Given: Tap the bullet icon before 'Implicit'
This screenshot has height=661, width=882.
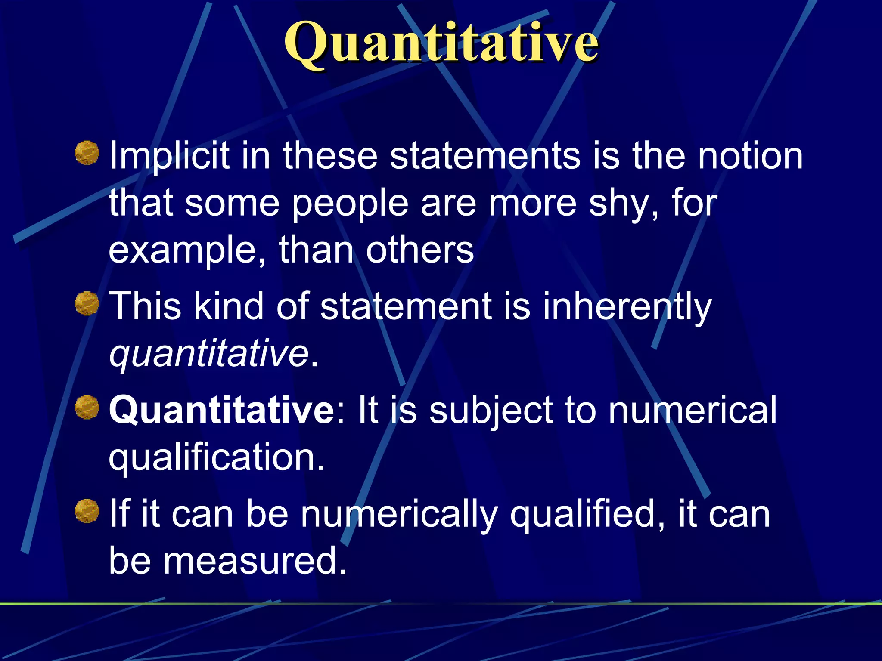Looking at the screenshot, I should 87,153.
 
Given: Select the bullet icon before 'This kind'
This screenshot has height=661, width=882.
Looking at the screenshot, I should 87,303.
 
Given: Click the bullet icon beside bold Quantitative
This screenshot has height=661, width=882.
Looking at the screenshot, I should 87,407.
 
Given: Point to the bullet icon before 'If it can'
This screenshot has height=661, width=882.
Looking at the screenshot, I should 87,511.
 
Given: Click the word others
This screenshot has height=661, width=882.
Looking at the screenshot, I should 420,250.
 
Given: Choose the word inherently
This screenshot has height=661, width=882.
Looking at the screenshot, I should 627,306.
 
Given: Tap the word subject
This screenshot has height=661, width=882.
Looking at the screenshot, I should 491,410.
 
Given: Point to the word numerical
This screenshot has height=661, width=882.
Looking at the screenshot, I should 693,410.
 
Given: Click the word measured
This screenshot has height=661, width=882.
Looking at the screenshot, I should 254,561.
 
